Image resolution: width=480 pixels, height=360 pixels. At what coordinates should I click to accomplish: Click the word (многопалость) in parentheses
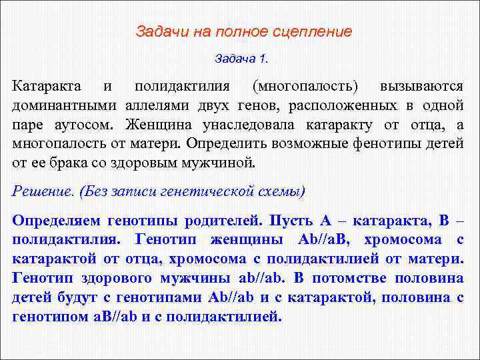(x=305, y=87)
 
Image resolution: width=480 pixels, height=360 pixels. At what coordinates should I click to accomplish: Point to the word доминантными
(x=64, y=105)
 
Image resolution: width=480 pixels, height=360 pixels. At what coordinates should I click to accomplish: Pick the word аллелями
(x=158, y=105)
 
